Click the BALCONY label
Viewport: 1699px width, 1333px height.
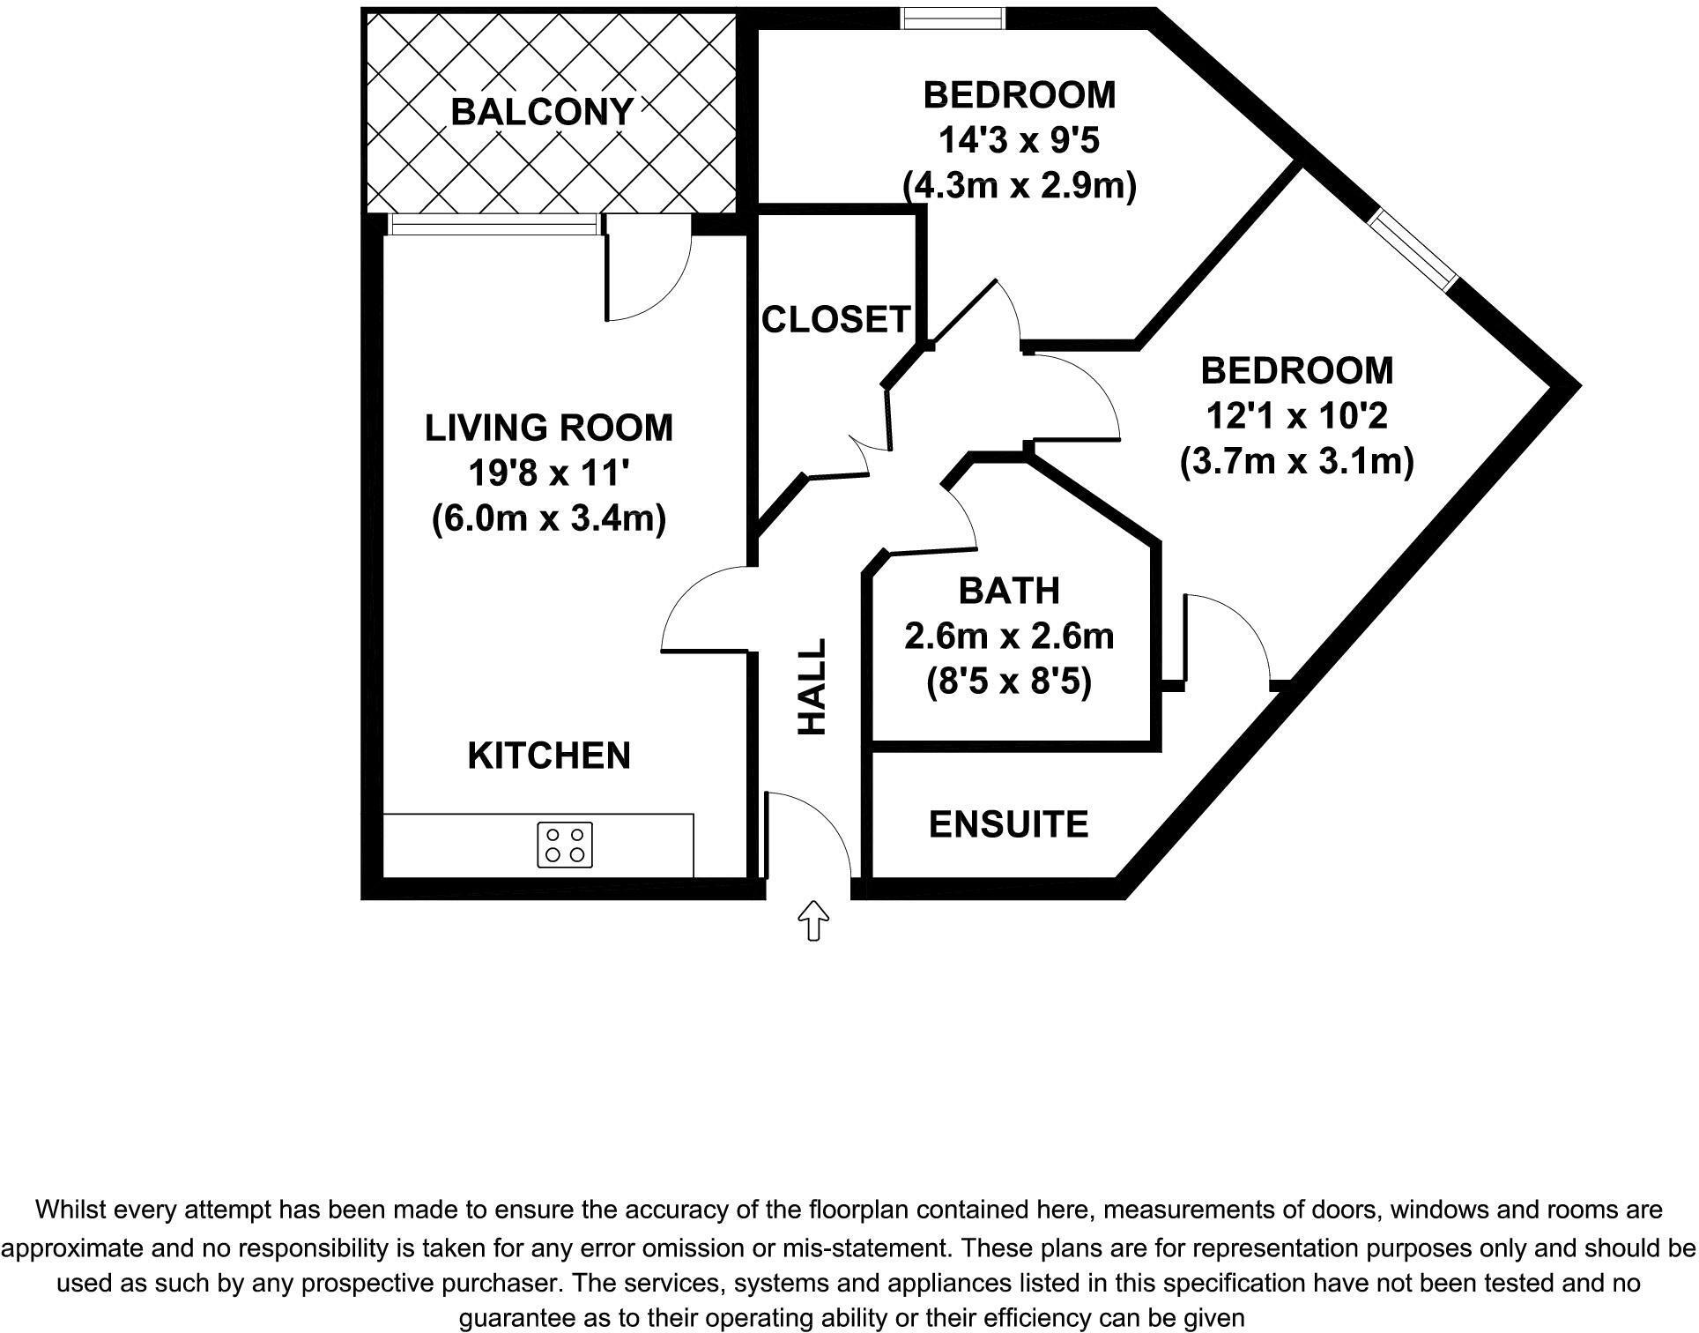tap(542, 112)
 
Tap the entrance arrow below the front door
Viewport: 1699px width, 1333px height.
tap(812, 920)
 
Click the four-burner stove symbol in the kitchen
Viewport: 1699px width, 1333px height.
tap(565, 845)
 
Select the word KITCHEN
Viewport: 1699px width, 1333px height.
tap(549, 756)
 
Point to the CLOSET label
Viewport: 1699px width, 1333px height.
tap(835, 319)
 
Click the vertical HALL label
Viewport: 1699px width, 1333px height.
tap(812, 687)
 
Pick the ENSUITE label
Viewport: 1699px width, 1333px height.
tap(1008, 824)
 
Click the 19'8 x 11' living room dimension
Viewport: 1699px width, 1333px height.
tap(548, 473)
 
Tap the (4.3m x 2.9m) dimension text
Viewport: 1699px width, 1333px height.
tap(1020, 186)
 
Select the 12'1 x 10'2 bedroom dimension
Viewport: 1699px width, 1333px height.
tap(1296, 415)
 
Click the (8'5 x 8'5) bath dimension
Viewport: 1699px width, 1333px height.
tap(1009, 681)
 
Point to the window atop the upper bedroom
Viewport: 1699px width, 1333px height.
tap(953, 17)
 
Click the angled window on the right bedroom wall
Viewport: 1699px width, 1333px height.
tap(1414, 249)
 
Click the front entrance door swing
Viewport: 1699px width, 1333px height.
tap(806, 833)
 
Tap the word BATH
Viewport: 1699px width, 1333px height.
tap(1008, 591)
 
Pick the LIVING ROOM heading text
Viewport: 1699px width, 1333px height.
tap(548, 428)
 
